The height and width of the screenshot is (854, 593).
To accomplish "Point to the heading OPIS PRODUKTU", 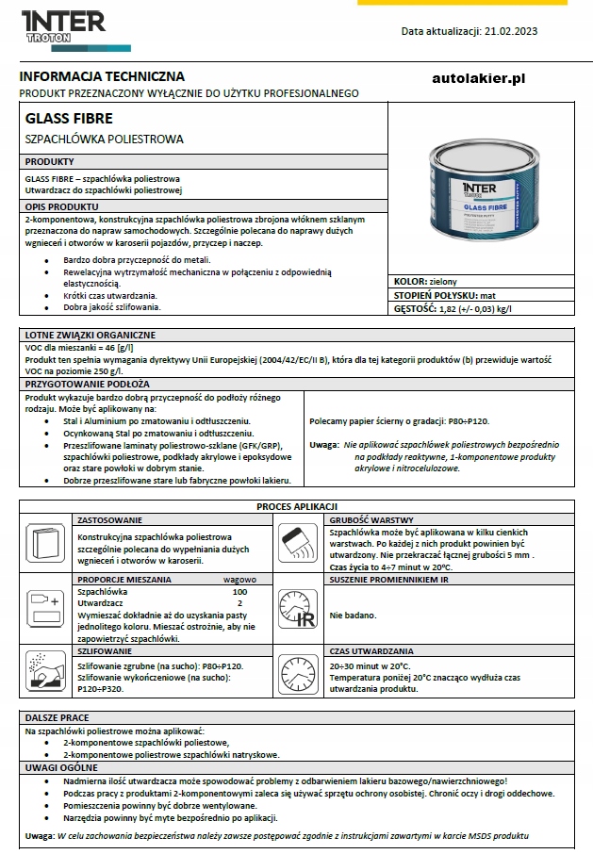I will coord(61,205).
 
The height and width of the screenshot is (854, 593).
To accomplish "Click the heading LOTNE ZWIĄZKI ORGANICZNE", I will coord(91,335).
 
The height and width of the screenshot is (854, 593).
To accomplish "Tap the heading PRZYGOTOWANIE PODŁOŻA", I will coord(87,385).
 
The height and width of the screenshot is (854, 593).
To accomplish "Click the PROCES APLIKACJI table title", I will coord(297,507).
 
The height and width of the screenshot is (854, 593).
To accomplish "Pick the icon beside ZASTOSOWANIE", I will coord(45,544).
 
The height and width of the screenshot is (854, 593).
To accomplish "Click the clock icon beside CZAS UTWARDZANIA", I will coord(299,671).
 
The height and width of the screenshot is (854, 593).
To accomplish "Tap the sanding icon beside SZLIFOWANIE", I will coord(45,671).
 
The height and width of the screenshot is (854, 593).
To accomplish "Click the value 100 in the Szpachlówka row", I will coord(239,591).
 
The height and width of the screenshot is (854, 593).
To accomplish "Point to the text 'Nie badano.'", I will coord(353,615).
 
